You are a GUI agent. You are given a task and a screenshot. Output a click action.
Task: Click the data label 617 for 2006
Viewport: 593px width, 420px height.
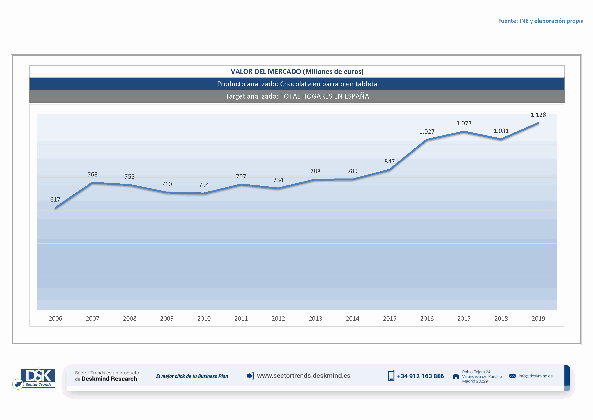pyautogui.click(x=55, y=199)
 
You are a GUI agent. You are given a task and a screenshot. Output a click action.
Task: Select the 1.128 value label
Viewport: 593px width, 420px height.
pyautogui.click(x=538, y=115)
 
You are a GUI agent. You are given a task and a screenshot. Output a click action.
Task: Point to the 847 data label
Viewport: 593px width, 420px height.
pyautogui.click(x=389, y=161)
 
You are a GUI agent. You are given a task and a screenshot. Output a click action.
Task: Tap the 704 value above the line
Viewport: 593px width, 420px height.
pyautogui.click(x=204, y=185)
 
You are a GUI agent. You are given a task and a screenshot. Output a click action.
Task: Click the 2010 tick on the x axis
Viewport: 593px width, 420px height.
pyautogui.click(x=204, y=318)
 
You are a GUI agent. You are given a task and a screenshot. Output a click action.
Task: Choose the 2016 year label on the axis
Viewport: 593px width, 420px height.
pyautogui.click(x=427, y=318)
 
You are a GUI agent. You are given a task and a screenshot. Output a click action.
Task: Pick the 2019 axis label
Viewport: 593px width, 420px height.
pyautogui.click(x=538, y=318)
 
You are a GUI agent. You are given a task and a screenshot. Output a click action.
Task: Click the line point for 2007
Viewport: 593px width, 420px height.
pyautogui.click(x=92, y=183)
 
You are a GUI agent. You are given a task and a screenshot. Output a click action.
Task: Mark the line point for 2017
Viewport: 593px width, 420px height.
pyautogui.click(x=464, y=132)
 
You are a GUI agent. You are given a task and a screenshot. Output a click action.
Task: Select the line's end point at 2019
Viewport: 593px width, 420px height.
pyautogui.click(x=538, y=123)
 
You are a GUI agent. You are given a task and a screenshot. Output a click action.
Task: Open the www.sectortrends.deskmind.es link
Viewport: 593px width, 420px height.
pyautogui.click(x=304, y=376)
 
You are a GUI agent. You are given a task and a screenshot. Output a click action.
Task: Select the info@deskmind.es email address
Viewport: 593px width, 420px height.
pyautogui.click(x=535, y=376)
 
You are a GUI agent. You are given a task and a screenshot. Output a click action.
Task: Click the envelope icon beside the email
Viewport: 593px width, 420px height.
pyautogui.click(x=512, y=376)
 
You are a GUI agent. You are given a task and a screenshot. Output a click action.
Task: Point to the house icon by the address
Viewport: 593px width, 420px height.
pyautogui.click(x=456, y=376)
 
